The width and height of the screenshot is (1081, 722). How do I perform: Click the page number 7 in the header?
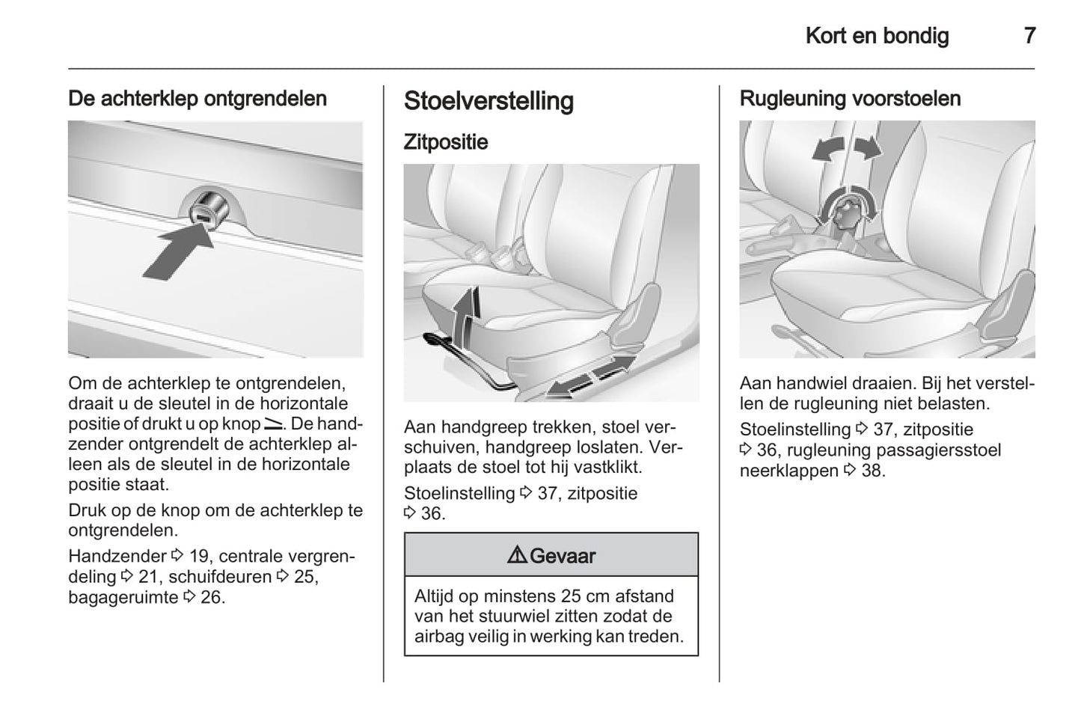[1029, 35]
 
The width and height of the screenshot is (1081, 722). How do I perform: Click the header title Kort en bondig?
[877, 35]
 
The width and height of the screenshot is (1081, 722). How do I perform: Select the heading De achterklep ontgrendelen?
[197, 99]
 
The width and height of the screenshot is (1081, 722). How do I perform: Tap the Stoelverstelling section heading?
[489, 101]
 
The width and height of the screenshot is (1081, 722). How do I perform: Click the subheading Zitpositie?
[446, 142]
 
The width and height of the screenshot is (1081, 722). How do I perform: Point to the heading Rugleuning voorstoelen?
[850, 99]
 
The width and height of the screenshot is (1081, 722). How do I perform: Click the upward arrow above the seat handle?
[467, 313]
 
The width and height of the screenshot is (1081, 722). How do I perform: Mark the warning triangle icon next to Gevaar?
[517, 555]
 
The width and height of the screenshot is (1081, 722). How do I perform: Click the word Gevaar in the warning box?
[562, 556]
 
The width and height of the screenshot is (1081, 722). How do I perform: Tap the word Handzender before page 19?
[117, 556]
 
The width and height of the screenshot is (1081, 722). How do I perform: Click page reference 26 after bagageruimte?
[212, 597]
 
